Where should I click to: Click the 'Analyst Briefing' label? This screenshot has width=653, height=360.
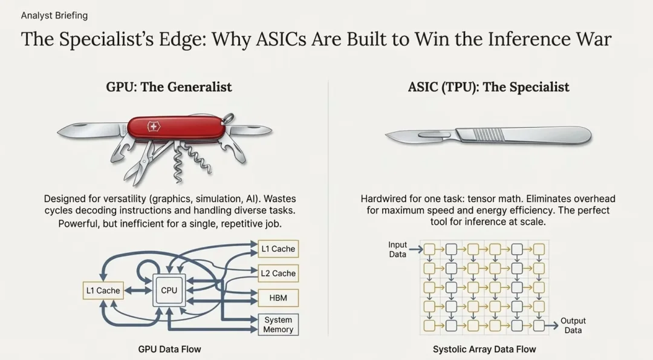54,15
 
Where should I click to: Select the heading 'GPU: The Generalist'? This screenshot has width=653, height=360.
169,87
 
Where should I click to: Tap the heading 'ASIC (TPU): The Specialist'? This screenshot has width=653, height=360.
489,87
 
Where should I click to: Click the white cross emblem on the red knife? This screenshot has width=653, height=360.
154,127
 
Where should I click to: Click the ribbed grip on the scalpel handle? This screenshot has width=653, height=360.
489,133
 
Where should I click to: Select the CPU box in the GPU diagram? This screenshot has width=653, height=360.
169,290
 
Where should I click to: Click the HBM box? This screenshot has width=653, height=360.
278,298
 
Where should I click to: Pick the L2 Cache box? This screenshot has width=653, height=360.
278,273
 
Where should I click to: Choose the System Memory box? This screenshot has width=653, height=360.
278,325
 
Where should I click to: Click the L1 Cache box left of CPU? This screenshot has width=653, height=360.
103,290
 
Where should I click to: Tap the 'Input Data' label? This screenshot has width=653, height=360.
397,249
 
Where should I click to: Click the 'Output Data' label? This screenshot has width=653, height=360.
573,326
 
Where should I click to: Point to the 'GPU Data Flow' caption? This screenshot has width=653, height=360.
169,349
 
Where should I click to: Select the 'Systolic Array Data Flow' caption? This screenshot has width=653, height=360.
484,349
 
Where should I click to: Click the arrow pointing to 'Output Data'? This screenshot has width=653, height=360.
551,326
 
